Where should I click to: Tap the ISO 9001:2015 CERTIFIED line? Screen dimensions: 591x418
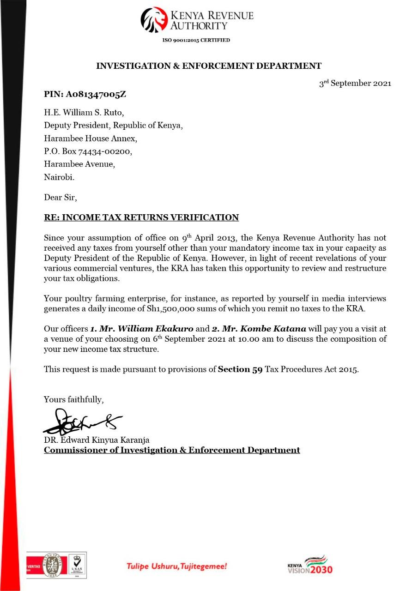point(196,40)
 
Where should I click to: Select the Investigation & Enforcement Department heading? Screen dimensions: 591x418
point(208,66)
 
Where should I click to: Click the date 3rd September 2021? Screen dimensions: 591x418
point(355,84)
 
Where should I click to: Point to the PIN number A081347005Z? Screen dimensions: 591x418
point(85,95)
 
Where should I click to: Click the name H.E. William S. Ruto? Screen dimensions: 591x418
point(84,112)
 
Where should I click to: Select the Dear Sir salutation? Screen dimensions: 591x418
point(60,198)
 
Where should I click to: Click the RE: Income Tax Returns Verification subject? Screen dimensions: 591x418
point(141,217)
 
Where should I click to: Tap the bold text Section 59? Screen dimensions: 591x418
point(240,369)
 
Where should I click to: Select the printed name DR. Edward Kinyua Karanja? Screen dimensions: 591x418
point(97,440)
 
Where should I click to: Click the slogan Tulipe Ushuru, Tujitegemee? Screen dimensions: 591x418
point(177,566)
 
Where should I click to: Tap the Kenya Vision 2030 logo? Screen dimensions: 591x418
point(309,565)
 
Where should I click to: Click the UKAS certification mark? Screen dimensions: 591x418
point(77,564)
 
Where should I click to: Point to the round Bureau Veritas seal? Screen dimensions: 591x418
point(52,565)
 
